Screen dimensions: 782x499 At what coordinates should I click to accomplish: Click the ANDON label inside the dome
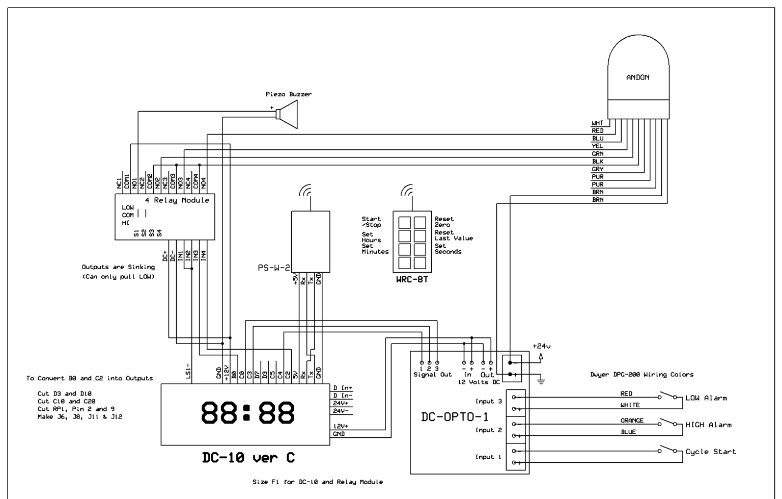coord(638,77)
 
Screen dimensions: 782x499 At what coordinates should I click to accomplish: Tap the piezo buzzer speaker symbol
coord(287,114)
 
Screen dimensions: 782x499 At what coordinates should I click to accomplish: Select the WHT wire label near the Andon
coord(597,123)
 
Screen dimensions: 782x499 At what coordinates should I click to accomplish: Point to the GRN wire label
coord(598,154)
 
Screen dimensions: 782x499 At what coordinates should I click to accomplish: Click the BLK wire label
coord(598,162)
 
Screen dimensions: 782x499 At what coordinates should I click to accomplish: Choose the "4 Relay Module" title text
coord(177,200)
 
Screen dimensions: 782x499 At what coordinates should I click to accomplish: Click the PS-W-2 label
coord(274,268)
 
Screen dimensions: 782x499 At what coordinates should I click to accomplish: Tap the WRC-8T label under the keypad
coord(412,279)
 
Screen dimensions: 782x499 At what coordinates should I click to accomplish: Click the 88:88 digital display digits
coord(247,412)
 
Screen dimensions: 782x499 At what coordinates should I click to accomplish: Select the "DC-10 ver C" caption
coord(248,457)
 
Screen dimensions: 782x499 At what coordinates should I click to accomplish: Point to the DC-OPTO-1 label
coord(455,417)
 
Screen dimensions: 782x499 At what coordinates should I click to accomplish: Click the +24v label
coord(542,346)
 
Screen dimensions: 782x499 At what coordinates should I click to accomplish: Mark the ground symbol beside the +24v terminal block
coord(541,381)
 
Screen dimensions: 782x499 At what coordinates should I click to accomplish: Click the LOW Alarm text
coord(706,398)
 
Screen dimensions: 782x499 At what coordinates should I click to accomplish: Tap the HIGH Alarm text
coord(708,425)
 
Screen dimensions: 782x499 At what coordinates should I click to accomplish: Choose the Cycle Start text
coord(710,452)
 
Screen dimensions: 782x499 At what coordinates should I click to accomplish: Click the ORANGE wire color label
coord(632,421)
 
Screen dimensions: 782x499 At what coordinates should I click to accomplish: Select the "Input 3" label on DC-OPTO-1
coord(489,401)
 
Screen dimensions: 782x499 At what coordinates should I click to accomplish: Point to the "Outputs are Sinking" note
coord(118,267)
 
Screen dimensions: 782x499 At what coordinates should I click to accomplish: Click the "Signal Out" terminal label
coord(433,374)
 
